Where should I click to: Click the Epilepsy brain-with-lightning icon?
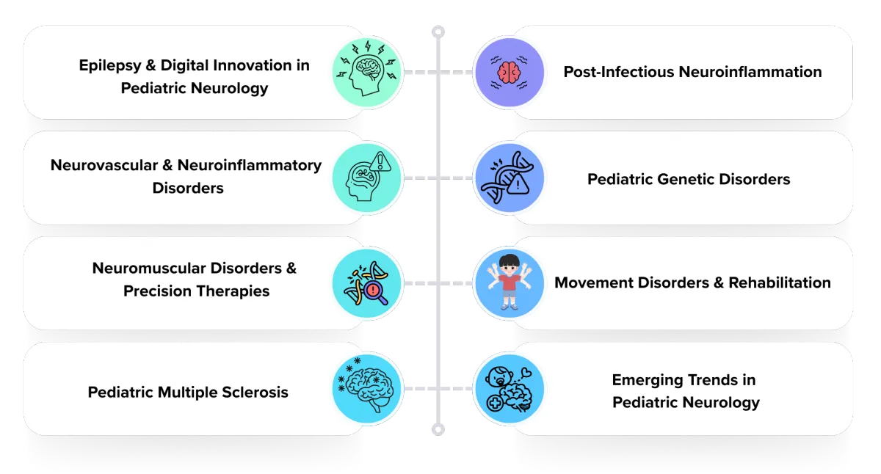(366, 73)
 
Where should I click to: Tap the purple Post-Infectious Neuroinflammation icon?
(510, 73)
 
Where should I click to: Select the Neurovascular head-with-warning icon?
(366, 178)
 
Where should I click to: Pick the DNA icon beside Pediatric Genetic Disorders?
(510, 178)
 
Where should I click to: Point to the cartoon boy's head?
(510, 266)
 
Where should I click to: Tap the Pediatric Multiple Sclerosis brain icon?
(366, 389)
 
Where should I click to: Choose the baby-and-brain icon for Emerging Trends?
(510, 389)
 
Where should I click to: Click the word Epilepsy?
(109, 66)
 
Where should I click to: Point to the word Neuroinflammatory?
(250, 166)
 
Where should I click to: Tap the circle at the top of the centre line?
(438, 32)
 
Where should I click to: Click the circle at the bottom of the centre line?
(438, 429)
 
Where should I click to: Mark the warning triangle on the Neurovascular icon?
(380, 161)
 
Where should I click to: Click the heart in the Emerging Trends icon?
(526, 372)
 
